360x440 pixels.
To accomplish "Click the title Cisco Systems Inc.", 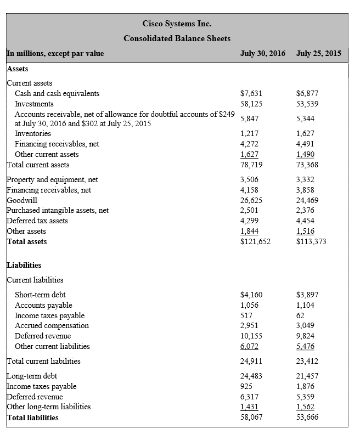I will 177,24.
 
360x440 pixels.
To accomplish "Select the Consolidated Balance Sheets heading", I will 177,38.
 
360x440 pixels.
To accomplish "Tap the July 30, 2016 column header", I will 263,53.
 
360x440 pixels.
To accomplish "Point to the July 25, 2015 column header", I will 318,53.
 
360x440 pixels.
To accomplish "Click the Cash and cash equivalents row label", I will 57,93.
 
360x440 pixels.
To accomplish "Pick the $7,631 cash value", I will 252,93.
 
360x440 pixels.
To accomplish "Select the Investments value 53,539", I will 307,104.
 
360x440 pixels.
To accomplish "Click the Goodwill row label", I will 22,200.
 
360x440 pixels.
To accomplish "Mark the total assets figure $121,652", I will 255,241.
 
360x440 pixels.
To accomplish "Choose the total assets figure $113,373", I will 311,241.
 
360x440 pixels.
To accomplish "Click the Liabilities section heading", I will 24,266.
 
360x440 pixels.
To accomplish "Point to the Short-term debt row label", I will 40,295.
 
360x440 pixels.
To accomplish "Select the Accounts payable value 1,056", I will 250,305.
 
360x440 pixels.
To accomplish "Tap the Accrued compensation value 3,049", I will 305,325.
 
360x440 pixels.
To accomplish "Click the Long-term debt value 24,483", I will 252,376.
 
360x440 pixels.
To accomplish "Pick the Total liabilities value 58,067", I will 252,418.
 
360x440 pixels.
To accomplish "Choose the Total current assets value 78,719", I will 252,165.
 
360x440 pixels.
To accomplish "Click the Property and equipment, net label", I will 52,179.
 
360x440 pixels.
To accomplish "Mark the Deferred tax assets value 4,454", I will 305,221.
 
